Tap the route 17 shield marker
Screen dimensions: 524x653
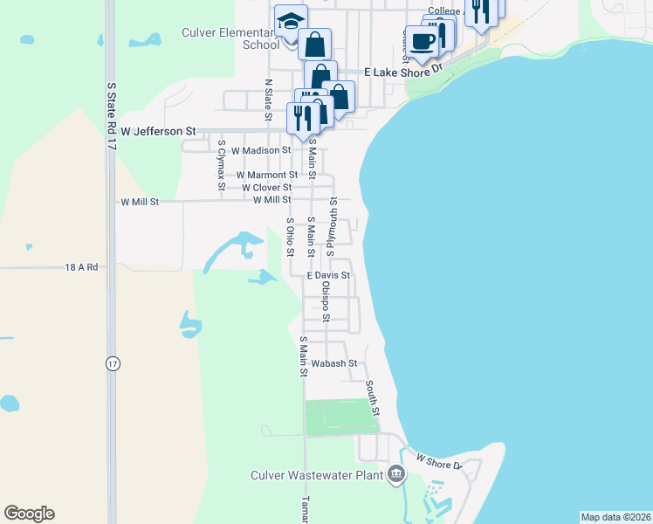[113, 363]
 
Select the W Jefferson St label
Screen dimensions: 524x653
[158, 131]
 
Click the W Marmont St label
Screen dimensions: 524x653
[261, 175]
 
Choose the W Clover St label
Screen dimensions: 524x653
[266, 187]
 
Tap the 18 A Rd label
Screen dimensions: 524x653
[80, 267]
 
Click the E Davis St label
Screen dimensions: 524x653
[327, 275]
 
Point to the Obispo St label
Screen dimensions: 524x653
[325, 301]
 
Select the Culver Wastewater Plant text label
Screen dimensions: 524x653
[317, 475]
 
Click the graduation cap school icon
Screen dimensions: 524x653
[292, 19]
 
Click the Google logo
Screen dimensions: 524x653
[29, 514]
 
